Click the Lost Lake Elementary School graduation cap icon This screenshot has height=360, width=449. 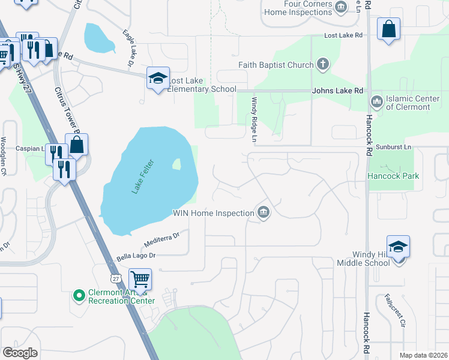[x=158, y=79]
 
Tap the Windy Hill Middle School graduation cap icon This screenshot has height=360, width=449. [x=398, y=247]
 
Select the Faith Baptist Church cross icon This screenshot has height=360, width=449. [x=323, y=65]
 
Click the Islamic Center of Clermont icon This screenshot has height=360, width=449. [x=377, y=102]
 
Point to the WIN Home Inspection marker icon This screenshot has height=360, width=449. [x=263, y=212]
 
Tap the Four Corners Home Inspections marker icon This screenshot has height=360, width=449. [x=341, y=7]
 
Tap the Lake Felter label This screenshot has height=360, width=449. [x=143, y=176]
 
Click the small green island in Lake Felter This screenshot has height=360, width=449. [x=176, y=163]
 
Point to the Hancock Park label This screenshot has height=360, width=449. [x=393, y=176]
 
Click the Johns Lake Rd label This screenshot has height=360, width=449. [x=337, y=91]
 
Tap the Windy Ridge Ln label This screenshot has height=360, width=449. [x=255, y=121]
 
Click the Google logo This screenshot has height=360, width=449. [x=20, y=353]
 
